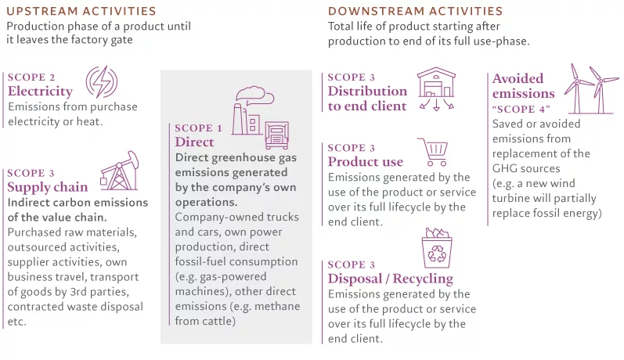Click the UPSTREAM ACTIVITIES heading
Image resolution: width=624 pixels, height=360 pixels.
click(x=81, y=11)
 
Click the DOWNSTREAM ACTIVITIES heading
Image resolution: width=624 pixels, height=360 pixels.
click(x=416, y=11)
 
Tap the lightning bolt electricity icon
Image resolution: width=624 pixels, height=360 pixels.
click(x=102, y=82)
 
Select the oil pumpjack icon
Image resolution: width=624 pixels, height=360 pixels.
click(x=119, y=171)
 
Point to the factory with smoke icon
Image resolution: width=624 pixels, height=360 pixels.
click(x=251, y=110)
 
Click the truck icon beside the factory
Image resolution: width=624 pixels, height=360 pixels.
click(x=277, y=135)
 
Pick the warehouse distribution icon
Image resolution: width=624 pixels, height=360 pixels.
click(x=437, y=88)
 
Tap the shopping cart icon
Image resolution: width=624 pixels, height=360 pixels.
click(x=433, y=152)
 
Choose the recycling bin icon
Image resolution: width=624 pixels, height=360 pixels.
click(x=437, y=248)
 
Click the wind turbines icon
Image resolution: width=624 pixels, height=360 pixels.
click(x=591, y=89)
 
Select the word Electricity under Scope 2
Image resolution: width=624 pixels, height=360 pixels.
click(x=40, y=91)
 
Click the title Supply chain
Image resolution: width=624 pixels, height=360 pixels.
click(x=47, y=187)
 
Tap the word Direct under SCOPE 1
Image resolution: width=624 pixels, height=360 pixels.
click(x=194, y=142)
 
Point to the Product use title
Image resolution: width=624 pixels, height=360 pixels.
click(x=366, y=162)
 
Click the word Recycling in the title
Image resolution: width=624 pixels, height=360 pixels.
click(x=423, y=279)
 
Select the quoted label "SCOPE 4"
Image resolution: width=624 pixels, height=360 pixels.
click(x=521, y=109)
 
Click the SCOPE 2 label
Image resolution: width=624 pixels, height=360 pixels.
click(x=31, y=77)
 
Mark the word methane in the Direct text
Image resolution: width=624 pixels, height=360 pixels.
click(x=277, y=306)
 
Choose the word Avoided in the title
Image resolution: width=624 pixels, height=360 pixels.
click(x=518, y=78)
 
